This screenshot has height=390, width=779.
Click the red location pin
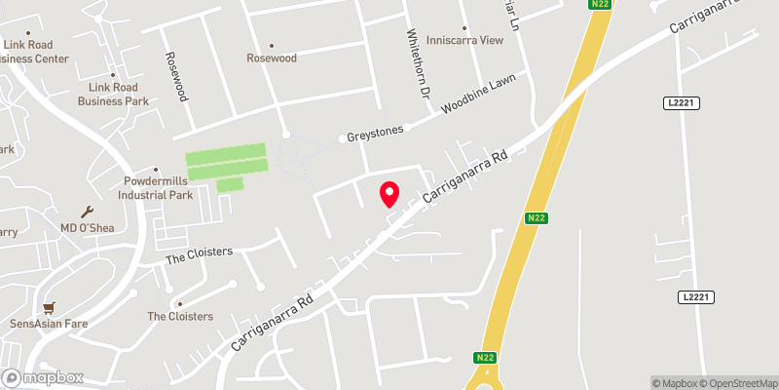[x=389, y=193]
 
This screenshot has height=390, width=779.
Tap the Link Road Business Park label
[x=113, y=95]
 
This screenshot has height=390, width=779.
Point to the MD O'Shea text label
[x=88, y=228]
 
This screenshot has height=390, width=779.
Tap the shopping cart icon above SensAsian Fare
[x=49, y=306]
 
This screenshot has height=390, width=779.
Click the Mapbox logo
[x=42, y=377]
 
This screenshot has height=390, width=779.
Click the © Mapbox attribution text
[x=676, y=382]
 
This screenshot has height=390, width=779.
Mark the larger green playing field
[x=225, y=161]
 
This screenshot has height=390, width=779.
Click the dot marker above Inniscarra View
[x=465, y=28]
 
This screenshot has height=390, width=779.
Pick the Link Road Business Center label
[x=34, y=52]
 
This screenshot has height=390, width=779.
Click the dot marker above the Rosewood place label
[x=272, y=46]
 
